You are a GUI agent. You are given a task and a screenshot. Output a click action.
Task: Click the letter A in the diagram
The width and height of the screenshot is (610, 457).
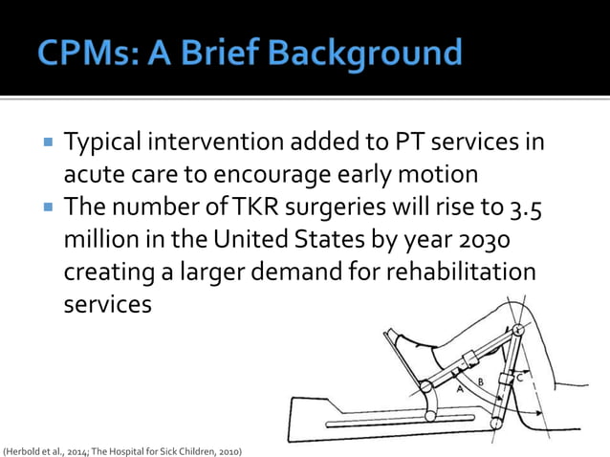[x=462, y=388]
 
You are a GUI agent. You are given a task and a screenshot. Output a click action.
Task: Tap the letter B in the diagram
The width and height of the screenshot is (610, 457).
[x=481, y=382]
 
